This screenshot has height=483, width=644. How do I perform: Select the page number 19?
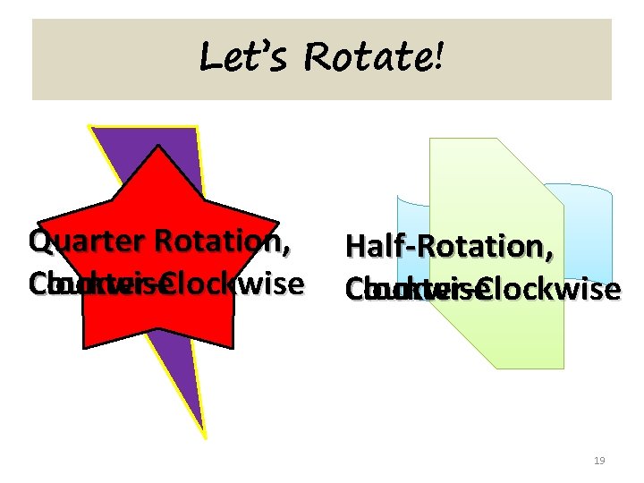(599, 461)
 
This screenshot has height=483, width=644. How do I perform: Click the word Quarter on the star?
(87, 241)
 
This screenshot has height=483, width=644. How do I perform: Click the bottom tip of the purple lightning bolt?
(205, 436)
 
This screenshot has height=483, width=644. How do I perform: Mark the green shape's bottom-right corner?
(563, 368)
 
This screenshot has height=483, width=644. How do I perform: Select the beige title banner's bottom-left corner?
(33, 98)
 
